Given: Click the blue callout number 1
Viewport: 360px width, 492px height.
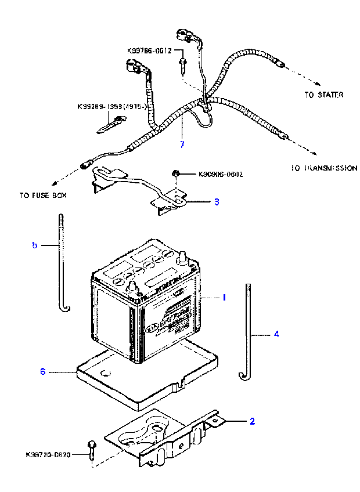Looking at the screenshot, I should (x=224, y=297).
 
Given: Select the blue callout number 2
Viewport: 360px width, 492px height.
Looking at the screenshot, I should (x=252, y=421).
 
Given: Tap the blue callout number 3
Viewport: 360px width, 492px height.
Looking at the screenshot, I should (x=217, y=202).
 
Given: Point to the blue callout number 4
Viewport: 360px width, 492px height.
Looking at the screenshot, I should (x=276, y=334).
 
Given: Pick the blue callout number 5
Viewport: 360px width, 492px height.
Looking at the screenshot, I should (x=34, y=245).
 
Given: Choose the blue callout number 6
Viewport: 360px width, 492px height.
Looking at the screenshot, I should (x=42, y=371).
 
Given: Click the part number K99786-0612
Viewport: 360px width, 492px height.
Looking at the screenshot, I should (x=149, y=50).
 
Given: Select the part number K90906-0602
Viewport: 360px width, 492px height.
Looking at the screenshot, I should (x=221, y=173).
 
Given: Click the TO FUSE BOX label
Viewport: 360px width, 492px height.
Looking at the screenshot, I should (x=42, y=196).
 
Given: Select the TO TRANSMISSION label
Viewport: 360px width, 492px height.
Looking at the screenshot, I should (x=324, y=168).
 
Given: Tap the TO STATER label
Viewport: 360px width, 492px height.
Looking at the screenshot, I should (x=323, y=94).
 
